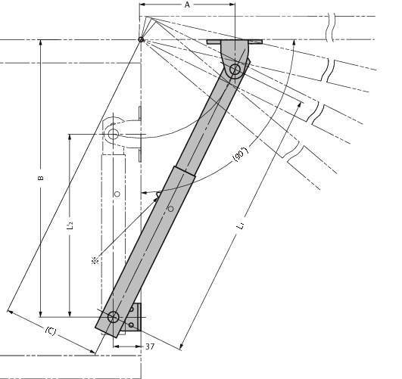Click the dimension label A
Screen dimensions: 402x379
[188, 5]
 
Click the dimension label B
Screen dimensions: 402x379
[41, 178]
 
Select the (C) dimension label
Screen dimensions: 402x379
[51, 331]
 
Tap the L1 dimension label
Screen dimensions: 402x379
[241, 226]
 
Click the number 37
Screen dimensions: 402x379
[150, 346]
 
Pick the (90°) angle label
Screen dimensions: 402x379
[240, 154]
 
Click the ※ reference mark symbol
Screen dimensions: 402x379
[95, 260]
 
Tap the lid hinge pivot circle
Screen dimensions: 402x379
[141, 40]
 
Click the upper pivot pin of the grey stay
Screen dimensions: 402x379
[235, 69]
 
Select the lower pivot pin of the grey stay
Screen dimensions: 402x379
[113, 317]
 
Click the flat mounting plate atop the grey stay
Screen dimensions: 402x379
[235, 42]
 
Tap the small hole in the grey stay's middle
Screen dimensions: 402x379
[170, 209]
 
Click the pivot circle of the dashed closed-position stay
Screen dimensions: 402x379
[113, 134]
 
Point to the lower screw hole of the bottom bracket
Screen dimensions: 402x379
[131, 325]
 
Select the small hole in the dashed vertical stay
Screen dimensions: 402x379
[117, 194]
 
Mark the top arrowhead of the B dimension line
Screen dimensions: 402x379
[40, 42]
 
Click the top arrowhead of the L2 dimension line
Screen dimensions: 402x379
[70, 137]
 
